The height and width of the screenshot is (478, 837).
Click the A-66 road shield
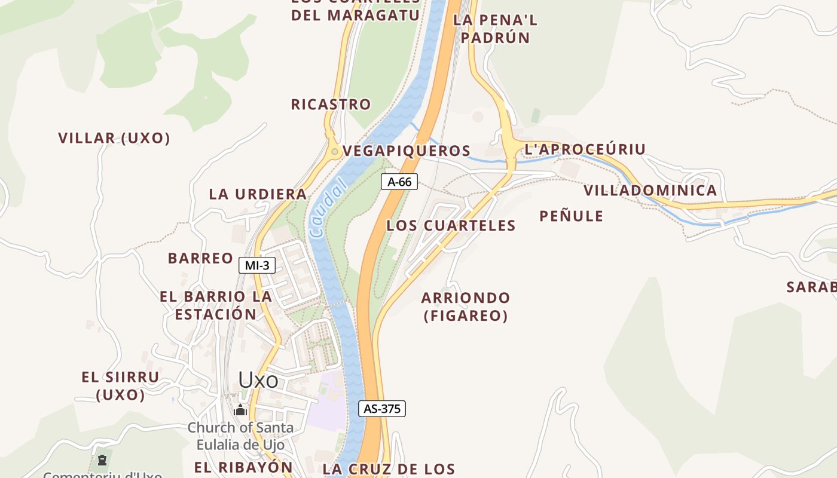399,182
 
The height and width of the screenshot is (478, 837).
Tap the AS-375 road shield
382,409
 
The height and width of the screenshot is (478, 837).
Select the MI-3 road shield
257,265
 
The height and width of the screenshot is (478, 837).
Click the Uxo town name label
258,380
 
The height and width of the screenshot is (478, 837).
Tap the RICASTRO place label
331,105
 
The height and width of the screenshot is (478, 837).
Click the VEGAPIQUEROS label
407,151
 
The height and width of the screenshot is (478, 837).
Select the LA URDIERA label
258,194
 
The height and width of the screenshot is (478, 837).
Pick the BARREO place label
200,258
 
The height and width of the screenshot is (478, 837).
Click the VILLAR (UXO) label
114,138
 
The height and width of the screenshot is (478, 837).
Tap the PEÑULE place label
571,216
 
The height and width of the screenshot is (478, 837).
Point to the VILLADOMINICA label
650,191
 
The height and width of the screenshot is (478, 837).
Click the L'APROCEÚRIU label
585,149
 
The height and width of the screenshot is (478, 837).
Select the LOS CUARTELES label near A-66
451,225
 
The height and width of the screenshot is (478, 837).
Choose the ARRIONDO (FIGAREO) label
466,307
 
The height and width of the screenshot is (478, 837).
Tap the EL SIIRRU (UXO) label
120,386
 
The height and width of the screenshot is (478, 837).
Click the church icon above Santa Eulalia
240,410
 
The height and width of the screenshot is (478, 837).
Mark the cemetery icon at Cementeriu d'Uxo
102,460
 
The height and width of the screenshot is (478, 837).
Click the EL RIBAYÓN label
243,467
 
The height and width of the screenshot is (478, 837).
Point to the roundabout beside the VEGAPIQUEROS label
334,152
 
